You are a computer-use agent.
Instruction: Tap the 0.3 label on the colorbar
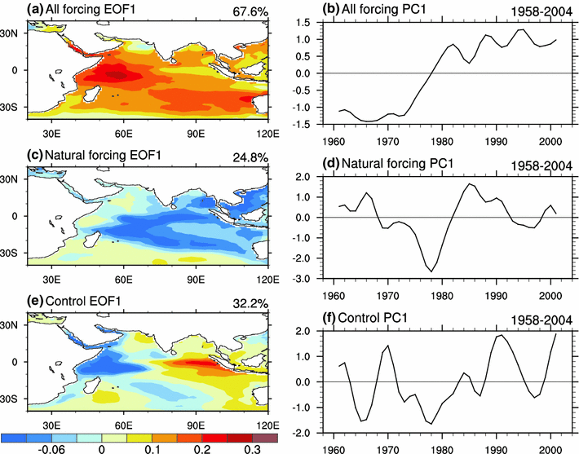coord(251,448)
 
